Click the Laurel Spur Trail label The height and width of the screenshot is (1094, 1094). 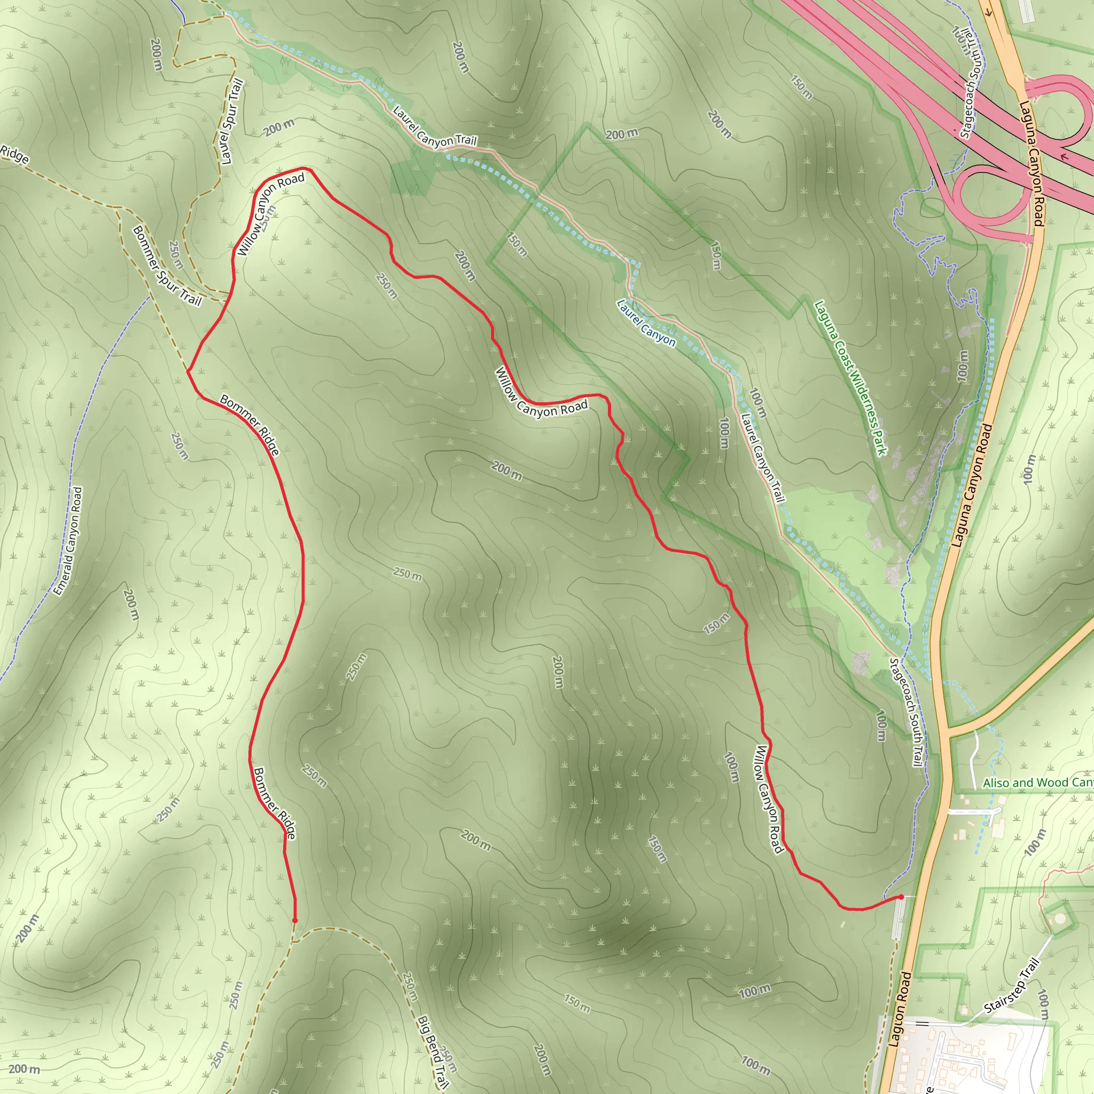(x=232, y=122)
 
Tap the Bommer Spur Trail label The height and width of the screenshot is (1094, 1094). (x=167, y=266)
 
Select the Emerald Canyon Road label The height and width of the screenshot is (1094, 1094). (x=68, y=541)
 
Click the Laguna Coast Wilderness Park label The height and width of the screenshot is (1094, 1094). (x=849, y=378)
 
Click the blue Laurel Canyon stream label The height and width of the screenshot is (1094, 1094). (x=645, y=323)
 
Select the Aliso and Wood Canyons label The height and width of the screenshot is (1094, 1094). (x=1037, y=783)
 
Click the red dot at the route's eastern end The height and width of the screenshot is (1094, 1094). (x=901, y=897)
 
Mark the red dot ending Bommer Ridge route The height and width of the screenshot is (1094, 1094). (x=294, y=921)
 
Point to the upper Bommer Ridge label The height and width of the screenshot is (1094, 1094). (x=249, y=425)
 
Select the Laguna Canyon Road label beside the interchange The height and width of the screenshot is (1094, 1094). (x=1031, y=163)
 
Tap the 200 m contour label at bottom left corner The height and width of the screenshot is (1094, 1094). (x=25, y=1069)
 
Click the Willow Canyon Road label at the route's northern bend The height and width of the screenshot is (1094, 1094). (x=270, y=215)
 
